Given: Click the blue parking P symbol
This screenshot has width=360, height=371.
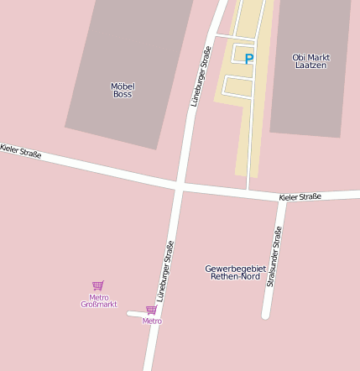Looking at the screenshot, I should pyautogui.click(x=248, y=59).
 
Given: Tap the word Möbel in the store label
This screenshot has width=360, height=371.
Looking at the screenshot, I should pyautogui.click(x=123, y=86).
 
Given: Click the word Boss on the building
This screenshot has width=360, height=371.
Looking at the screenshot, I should pyautogui.click(x=123, y=94).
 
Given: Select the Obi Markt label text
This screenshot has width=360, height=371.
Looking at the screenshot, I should pyautogui.click(x=310, y=57).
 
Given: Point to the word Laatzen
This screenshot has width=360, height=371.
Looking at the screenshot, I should pyautogui.click(x=310, y=65).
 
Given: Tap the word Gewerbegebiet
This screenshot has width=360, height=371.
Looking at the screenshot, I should pyautogui.click(x=235, y=269).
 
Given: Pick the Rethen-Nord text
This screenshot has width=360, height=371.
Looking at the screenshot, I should pyautogui.click(x=235, y=276).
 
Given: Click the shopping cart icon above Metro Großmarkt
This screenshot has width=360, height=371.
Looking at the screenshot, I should pyautogui.click(x=98, y=285).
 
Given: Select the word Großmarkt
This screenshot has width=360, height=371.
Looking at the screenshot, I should pyautogui.click(x=98, y=305).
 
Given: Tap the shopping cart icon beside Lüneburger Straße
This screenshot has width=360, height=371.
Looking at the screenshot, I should pyautogui.click(x=151, y=310).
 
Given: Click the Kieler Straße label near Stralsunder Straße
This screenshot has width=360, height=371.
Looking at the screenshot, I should pyautogui.click(x=300, y=196).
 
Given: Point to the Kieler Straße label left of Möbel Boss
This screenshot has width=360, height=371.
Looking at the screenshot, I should pyautogui.click(x=20, y=150).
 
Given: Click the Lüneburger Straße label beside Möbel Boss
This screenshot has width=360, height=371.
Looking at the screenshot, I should pyautogui.click(x=200, y=76).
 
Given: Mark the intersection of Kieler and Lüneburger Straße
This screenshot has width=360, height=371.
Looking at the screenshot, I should pyautogui.click(x=179, y=185).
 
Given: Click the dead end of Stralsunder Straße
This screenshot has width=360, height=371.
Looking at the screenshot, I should pyautogui.click(x=266, y=315).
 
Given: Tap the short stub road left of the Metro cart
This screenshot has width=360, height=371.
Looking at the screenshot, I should pyautogui.click(x=134, y=314).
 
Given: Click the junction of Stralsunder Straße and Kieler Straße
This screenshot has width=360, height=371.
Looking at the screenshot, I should pyautogui.click(x=282, y=200).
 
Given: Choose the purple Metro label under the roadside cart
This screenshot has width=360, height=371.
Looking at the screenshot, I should pyautogui.click(x=151, y=321).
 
